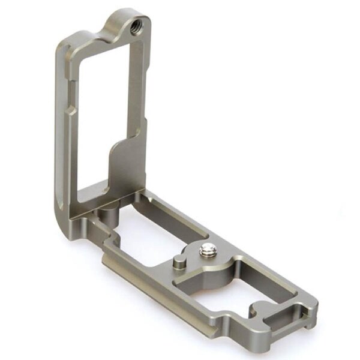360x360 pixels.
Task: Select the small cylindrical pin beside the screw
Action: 179,262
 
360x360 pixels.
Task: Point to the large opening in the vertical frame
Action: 102,114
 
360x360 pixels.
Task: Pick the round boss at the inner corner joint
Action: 108,213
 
